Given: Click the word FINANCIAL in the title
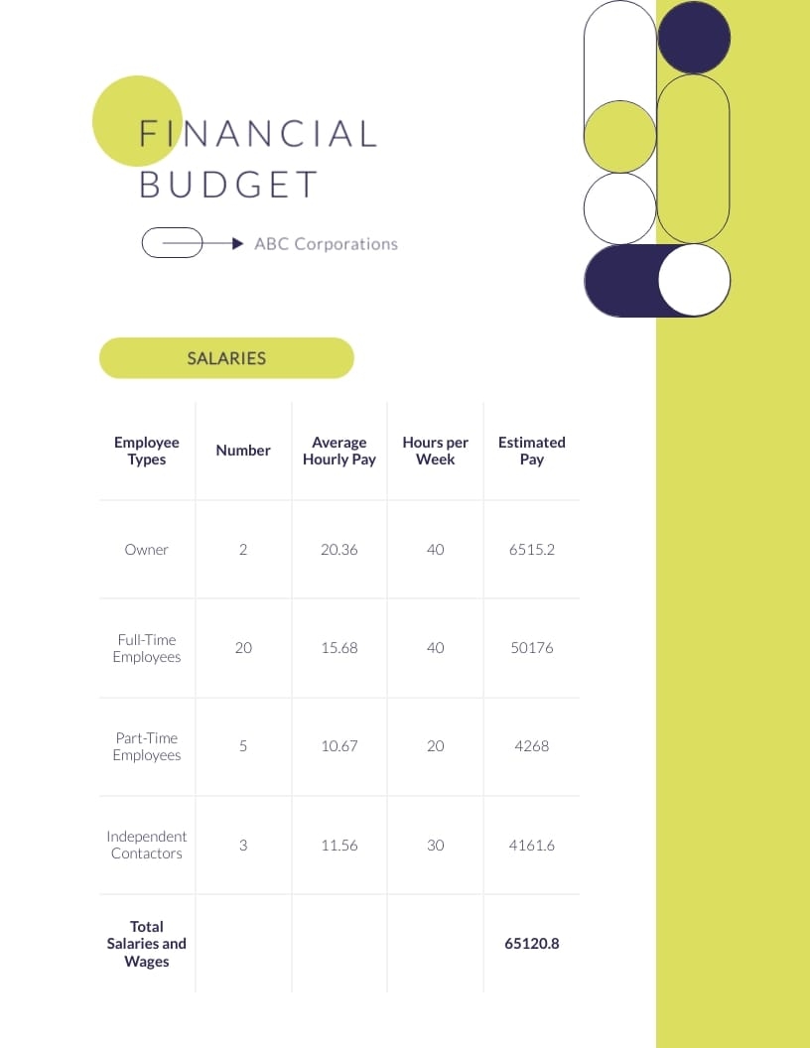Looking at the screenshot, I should pyautogui.click(x=258, y=133).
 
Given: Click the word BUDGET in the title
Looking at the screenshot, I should pyautogui.click(x=228, y=185).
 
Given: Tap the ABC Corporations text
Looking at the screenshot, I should pyautogui.click(x=326, y=243).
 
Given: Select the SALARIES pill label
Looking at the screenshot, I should pyautogui.click(x=226, y=358).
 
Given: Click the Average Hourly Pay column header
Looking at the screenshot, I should pyautogui.click(x=338, y=451).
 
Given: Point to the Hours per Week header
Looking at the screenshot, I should pyautogui.click(x=435, y=451).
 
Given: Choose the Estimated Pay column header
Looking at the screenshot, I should pyautogui.click(x=531, y=451).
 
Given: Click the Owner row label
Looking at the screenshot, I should pyautogui.click(x=146, y=549).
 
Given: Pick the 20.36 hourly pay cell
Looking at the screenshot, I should pyautogui.click(x=338, y=549).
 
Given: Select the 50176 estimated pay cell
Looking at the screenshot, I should pyautogui.click(x=531, y=647).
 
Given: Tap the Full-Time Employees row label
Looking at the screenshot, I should pyautogui.click(x=146, y=648).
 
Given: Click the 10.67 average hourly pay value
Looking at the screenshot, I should pyautogui.click(x=338, y=745).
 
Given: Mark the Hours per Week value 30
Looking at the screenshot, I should pyautogui.click(x=435, y=845).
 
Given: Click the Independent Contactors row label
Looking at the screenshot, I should pyautogui.click(x=146, y=845).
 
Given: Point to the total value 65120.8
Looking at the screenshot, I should pyautogui.click(x=531, y=943).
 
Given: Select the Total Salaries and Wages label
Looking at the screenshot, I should pyautogui.click(x=146, y=943).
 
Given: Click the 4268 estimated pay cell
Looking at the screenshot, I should pyautogui.click(x=531, y=745).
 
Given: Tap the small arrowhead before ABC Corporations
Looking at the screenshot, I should pyautogui.click(x=237, y=243).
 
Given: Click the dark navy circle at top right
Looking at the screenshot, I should pyautogui.click(x=694, y=38).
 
